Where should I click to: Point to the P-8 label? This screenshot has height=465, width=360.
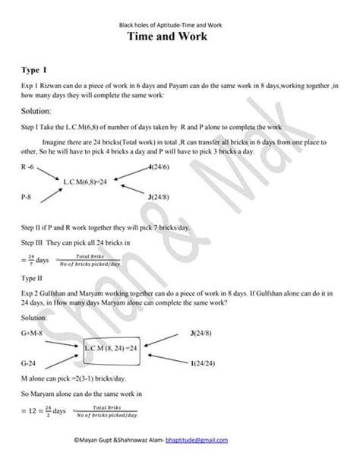click(30, 197)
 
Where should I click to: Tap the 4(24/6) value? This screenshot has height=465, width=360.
click(159, 166)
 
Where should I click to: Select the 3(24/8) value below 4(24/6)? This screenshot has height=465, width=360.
click(159, 197)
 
